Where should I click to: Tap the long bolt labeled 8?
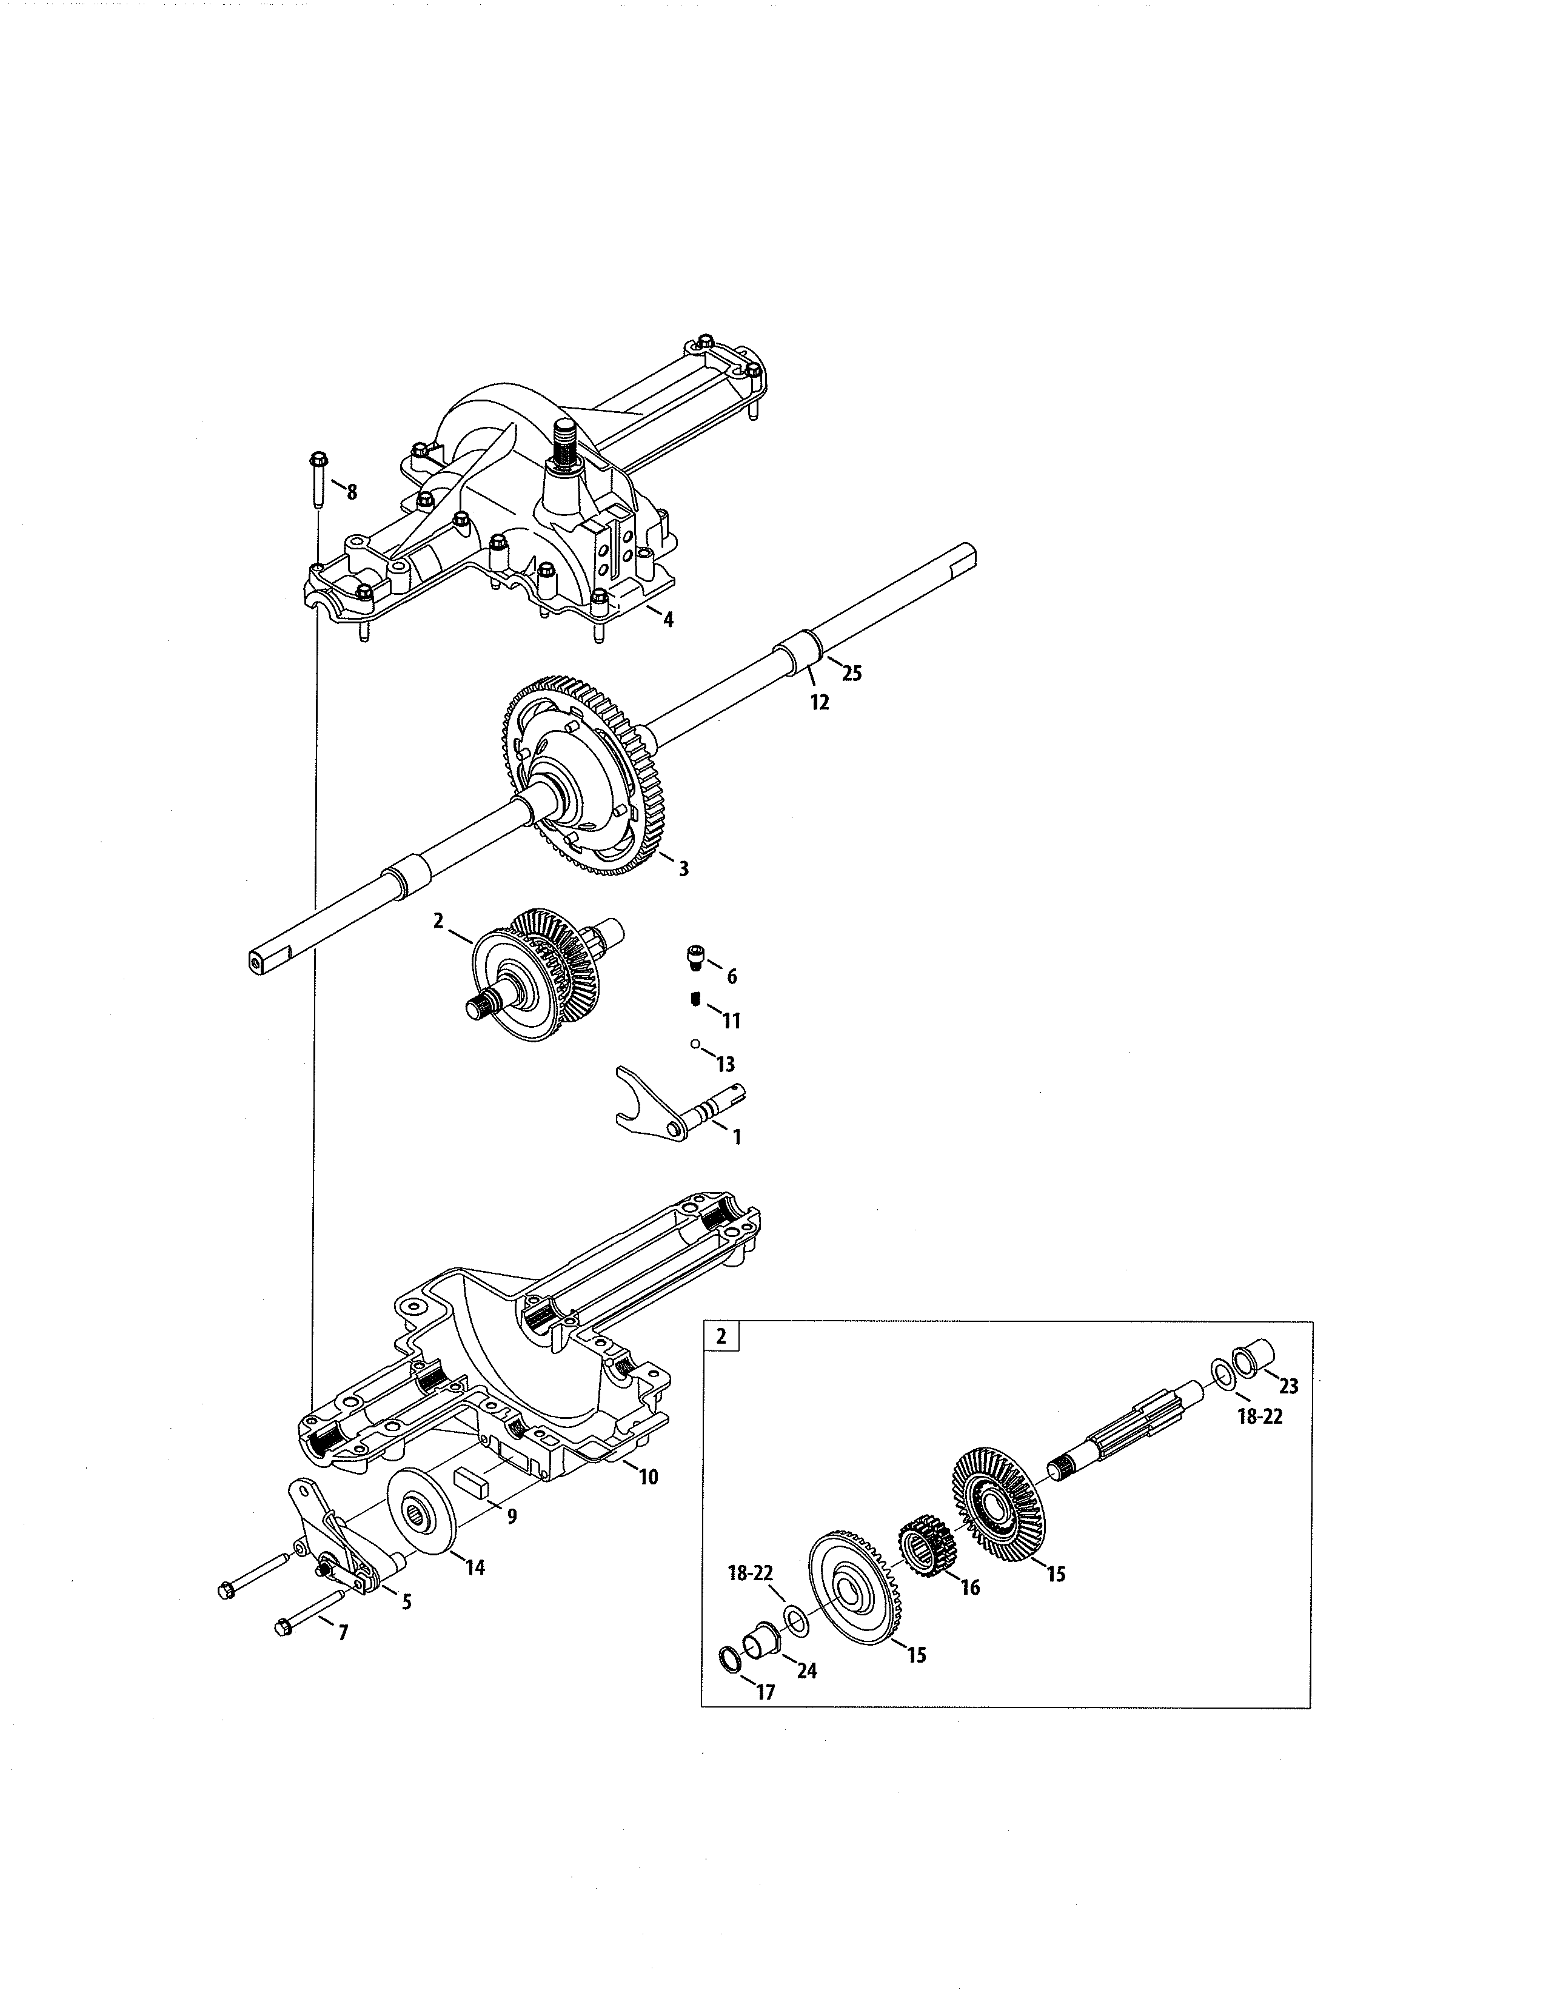click(318, 480)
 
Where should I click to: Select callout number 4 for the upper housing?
click(669, 620)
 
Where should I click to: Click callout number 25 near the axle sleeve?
click(852, 674)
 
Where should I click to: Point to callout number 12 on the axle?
click(820, 703)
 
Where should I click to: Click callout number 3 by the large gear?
click(683, 868)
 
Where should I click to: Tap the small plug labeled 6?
click(695, 957)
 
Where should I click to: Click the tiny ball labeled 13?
click(695, 1043)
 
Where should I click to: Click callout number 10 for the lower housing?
click(649, 1477)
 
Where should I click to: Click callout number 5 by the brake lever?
click(406, 1601)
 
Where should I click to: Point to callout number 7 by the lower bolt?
click(343, 1633)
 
